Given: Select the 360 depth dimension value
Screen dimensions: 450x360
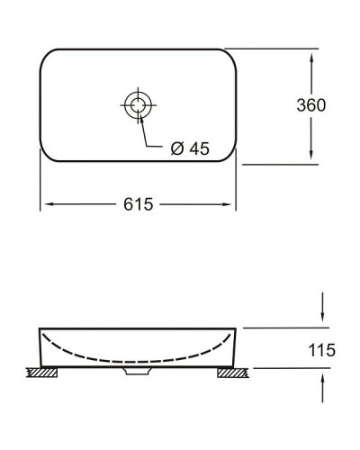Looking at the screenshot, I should click(310, 104).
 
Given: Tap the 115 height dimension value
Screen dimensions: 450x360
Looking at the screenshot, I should click(321, 349).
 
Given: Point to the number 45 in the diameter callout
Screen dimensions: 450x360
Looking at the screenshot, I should click(198, 149).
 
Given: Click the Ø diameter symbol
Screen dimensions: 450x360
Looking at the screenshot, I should click(176, 149).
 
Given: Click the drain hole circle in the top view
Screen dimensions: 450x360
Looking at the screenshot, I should click(138, 105).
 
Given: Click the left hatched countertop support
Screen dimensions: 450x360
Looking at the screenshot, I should click(40, 372).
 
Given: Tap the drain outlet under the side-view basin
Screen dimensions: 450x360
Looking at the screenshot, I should click(137, 369).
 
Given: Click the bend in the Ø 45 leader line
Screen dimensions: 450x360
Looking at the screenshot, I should click(144, 149).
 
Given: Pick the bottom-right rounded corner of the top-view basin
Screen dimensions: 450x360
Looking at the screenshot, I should click(228, 156).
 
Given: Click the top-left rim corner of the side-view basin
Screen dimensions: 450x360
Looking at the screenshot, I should click(40, 329).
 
